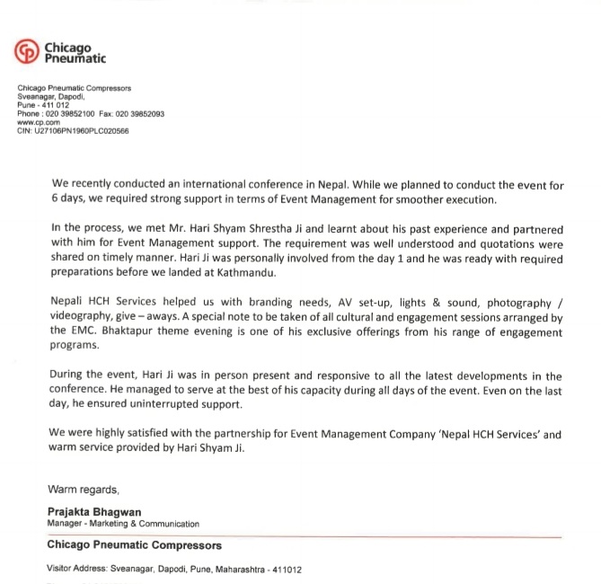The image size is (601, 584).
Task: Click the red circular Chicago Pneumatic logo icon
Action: pos(28,51)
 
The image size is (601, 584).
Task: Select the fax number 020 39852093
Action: pos(140,114)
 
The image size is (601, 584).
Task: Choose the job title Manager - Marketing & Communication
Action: pos(122,523)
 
